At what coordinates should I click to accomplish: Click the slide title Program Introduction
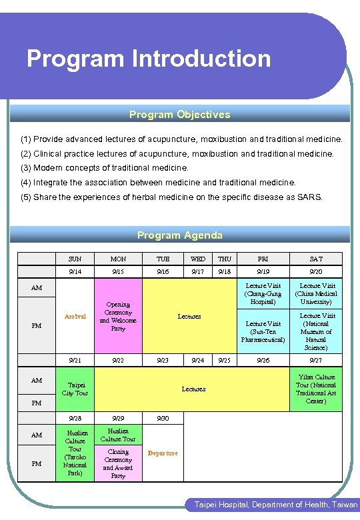pyautogui.click(x=149, y=59)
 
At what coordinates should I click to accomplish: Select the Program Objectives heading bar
pyautogui.click(x=180, y=115)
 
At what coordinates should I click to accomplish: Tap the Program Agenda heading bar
pyautogui.click(x=180, y=235)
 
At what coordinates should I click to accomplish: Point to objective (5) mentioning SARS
pyautogui.click(x=171, y=197)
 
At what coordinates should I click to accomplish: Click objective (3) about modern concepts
pyautogui.click(x=105, y=168)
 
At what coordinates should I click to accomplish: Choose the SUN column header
pyautogui.click(x=75, y=259)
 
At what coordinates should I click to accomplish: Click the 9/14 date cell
pyautogui.click(x=75, y=271)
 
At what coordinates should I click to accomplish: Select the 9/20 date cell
pyautogui.click(x=315, y=271)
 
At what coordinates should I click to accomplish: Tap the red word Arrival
pyautogui.click(x=75, y=316)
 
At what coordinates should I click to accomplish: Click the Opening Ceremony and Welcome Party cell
pyautogui.click(x=118, y=316)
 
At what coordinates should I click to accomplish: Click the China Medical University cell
pyautogui.click(x=317, y=293)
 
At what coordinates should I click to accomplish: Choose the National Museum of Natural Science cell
pyautogui.click(x=317, y=331)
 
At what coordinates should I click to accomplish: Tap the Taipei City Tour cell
pyautogui.click(x=75, y=389)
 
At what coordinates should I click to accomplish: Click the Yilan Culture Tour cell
pyautogui.click(x=316, y=389)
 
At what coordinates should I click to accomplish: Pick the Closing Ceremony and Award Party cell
pyautogui.click(x=118, y=463)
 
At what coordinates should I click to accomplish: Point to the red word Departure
pyautogui.click(x=163, y=453)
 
